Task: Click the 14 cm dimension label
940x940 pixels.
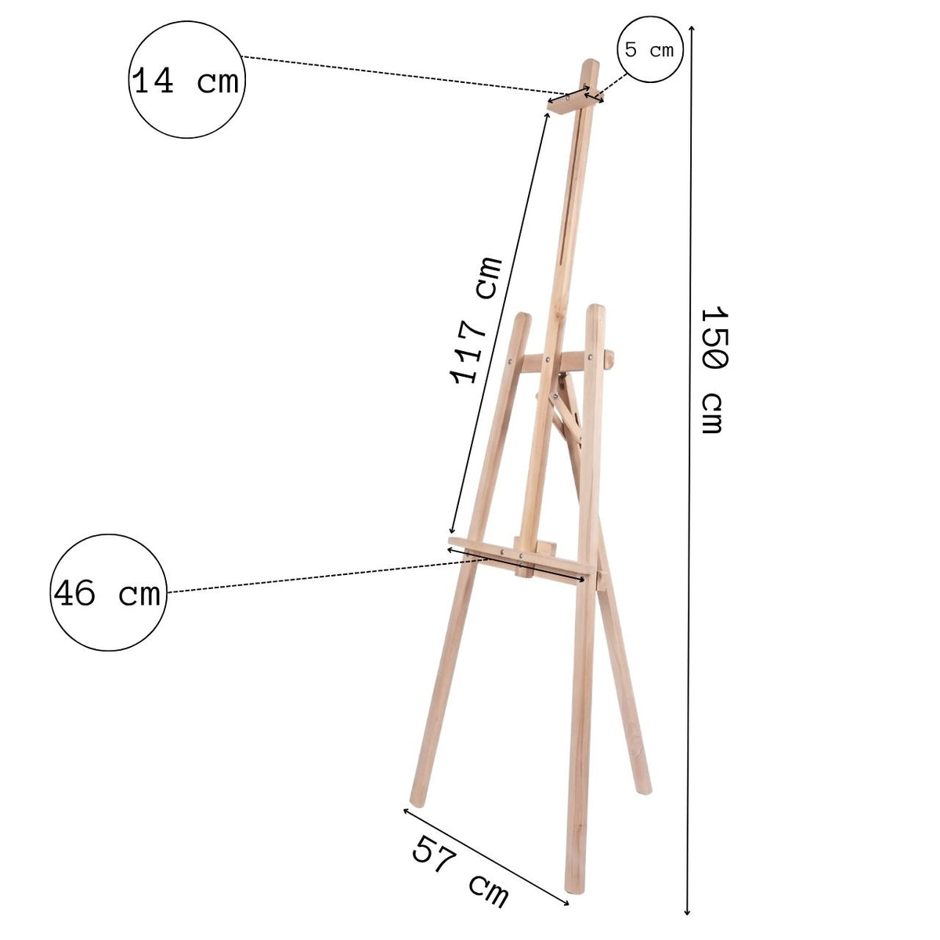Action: pos(186,81)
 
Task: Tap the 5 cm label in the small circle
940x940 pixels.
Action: pos(649,49)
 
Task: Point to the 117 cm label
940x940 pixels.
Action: pos(475,320)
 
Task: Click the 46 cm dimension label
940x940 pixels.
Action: pos(107,593)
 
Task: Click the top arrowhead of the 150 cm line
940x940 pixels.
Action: pos(691,28)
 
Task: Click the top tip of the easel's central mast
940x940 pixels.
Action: pos(591,61)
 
